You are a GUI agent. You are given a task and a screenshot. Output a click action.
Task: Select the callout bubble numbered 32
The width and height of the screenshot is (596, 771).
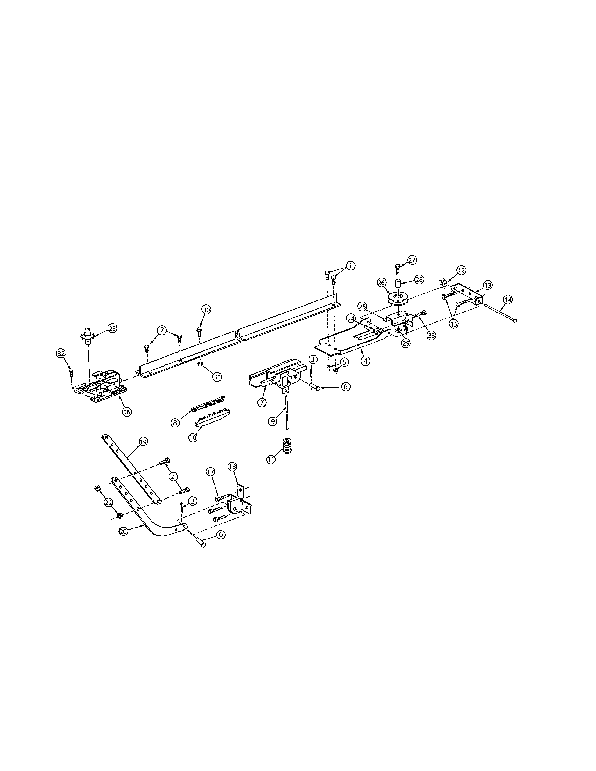[61, 353]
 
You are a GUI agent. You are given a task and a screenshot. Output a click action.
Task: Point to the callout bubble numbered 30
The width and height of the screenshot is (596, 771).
[206, 310]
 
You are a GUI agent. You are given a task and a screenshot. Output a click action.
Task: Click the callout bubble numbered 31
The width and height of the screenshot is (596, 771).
[217, 377]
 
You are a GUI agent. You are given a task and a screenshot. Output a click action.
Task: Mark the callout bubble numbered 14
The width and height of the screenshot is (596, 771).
[507, 300]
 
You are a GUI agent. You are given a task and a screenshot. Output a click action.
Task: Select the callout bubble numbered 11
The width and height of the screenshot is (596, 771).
[271, 459]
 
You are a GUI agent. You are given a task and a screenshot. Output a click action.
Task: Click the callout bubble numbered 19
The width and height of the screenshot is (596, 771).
[143, 441]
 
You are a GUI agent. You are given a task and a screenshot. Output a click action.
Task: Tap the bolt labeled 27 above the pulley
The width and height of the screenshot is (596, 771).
[397, 268]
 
